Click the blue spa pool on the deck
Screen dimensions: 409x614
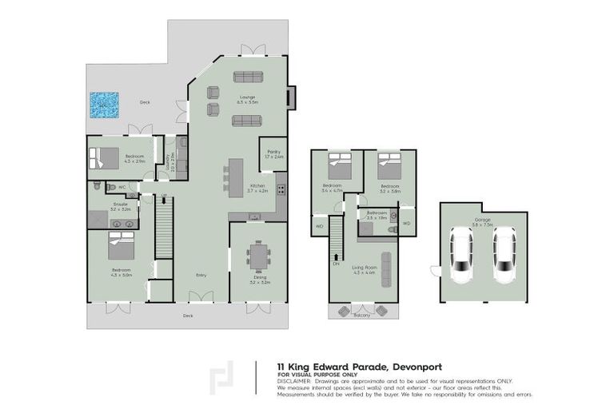(x=104, y=105)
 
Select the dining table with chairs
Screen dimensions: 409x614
(x=257, y=256)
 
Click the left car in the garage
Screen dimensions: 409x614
(x=461, y=256)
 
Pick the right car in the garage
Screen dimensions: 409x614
(x=504, y=256)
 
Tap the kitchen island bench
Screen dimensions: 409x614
(x=235, y=177)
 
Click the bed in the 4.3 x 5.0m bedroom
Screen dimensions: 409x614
(x=123, y=252)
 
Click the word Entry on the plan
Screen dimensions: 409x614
(x=202, y=276)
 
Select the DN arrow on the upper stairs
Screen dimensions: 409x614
(x=337, y=261)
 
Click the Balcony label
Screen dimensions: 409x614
(x=362, y=315)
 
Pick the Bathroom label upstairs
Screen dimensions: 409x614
(x=377, y=212)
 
